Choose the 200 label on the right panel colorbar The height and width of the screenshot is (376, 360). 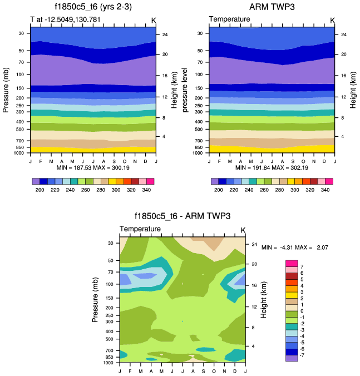(x=219, y=190)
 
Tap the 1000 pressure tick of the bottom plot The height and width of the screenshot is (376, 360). (x=108, y=363)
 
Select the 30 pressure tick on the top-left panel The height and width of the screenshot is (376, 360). (x=21, y=33)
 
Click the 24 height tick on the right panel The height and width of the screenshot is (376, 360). (x=344, y=34)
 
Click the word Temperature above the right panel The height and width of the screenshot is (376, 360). (x=229, y=19)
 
